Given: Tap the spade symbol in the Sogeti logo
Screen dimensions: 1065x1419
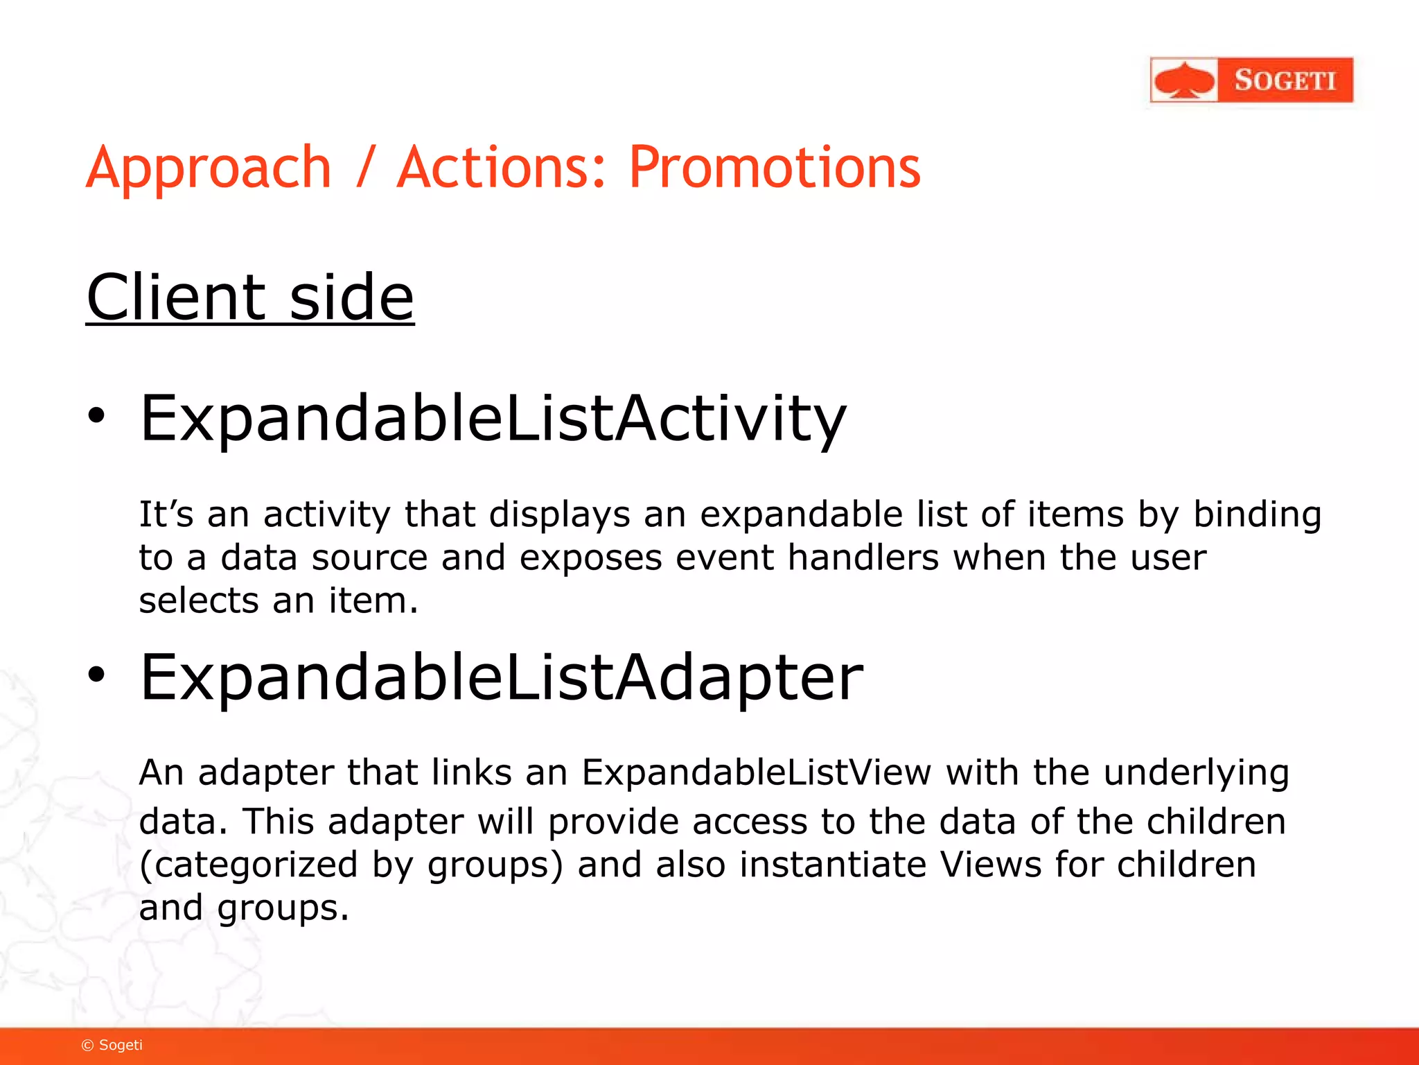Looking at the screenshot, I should click(1184, 80).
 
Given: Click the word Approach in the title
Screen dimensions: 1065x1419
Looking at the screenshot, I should click(209, 168).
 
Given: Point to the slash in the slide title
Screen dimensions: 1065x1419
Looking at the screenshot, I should click(365, 168).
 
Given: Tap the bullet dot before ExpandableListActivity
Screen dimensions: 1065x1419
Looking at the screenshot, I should click(96, 416).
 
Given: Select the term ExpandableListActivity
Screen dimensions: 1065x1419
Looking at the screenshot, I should click(493, 419).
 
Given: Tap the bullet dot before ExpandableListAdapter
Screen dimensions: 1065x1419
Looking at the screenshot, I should click(96, 674).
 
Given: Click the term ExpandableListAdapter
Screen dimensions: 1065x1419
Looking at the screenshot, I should click(501, 677).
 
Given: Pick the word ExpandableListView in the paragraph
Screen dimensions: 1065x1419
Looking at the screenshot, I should click(756, 772).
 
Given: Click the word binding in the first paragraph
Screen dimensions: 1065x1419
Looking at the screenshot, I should click(1257, 515).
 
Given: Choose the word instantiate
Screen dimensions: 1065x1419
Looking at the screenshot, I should click(831, 865).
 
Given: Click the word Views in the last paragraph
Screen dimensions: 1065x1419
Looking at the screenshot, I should click(990, 865).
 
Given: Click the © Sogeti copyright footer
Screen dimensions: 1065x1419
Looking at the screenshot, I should click(112, 1045).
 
